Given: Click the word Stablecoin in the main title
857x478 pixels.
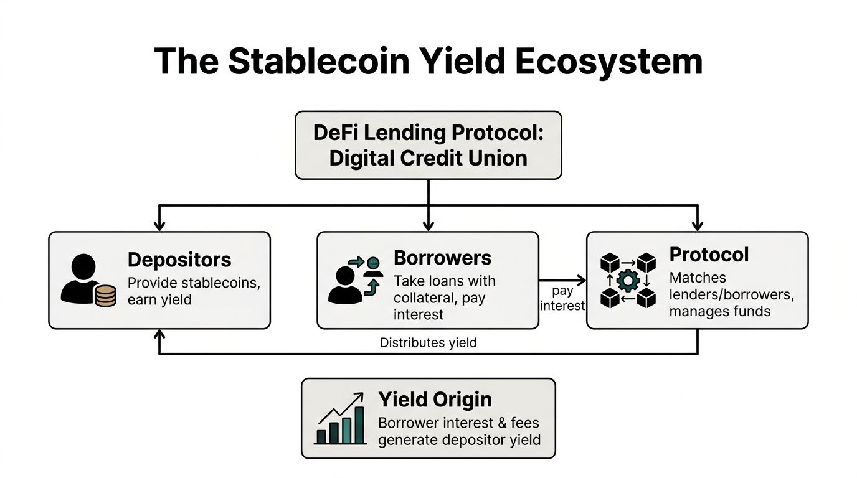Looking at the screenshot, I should (317, 62).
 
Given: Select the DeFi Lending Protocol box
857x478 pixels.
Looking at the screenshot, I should (428, 145).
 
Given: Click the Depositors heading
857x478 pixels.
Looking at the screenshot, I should (179, 260).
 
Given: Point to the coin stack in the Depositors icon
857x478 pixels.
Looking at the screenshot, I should (105, 296).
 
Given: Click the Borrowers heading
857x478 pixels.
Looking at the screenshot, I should (442, 258).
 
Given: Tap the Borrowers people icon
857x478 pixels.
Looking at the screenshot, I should (354, 281).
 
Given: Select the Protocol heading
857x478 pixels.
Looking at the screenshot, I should (709, 255).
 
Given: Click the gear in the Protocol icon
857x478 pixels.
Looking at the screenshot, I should (628, 281).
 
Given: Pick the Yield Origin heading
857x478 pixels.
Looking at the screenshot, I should (435, 400).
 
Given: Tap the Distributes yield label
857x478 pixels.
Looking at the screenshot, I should (428, 343).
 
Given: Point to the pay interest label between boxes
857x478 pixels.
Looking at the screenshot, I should (562, 298).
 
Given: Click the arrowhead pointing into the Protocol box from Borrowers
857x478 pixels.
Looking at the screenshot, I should (582, 281).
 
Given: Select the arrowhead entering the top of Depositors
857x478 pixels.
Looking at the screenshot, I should (159, 226).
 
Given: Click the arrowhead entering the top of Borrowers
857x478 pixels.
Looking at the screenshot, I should (428, 226).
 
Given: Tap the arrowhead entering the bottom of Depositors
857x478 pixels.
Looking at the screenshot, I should (159, 334).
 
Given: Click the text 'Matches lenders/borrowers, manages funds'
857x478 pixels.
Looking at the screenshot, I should (731, 294).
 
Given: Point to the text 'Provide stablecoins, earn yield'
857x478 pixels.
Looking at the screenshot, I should (193, 291).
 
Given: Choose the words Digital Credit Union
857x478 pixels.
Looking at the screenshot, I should (428, 157).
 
